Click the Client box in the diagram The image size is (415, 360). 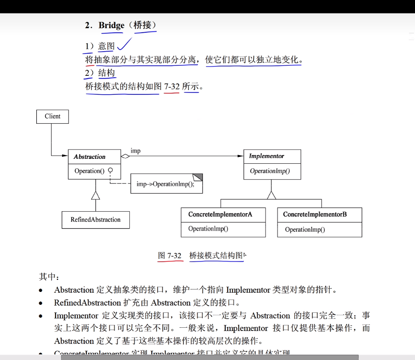(52, 117)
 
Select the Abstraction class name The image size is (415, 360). (89, 157)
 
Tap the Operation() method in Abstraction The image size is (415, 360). (89, 171)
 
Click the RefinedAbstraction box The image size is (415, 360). (95, 220)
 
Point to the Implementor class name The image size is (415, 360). (266, 156)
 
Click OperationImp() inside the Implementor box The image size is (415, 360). (270, 171)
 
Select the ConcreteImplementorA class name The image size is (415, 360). (220, 214)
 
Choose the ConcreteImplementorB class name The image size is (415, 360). (315, 214)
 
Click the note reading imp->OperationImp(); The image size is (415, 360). (165, 184)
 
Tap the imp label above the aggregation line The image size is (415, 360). (135, 151)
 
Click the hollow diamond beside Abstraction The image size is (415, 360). (125, 156)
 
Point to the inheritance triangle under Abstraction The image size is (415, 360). (95, 196)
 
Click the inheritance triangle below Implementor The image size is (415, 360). (272, 195)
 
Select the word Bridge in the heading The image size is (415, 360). (111, 25)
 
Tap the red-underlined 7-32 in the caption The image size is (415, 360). (174, 256)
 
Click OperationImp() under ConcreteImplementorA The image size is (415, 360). (208, 229)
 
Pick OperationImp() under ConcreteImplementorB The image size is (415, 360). (305, 230)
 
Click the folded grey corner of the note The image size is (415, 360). (197, 177)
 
